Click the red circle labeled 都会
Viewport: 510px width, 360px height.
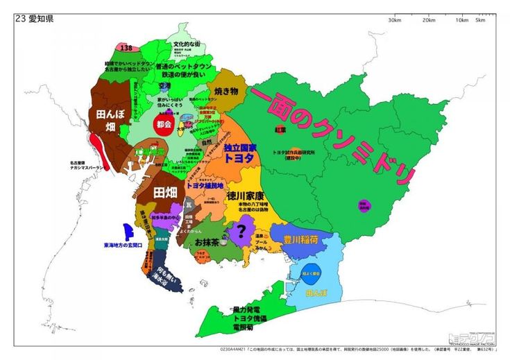164,126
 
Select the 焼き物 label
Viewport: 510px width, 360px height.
226,91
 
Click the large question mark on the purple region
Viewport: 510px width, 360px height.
241,230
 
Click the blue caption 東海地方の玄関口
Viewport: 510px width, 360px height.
124,245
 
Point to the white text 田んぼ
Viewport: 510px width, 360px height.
110,115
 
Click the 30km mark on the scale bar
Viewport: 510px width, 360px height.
395,19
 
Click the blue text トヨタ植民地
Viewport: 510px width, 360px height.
205,186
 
